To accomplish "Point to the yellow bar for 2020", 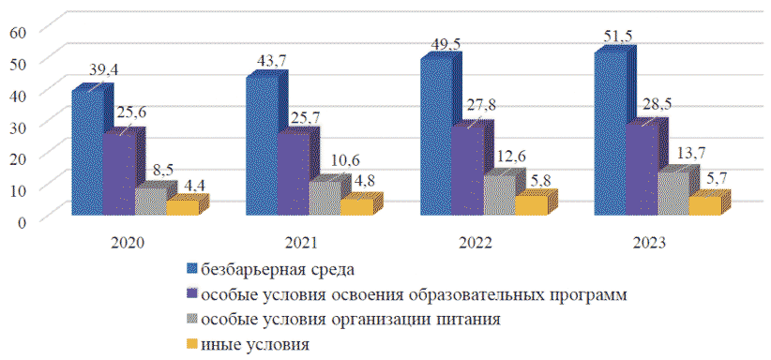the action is pyautogui.click(x=187, y=204).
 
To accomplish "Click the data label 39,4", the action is pyautogui.click(x=105, y=69).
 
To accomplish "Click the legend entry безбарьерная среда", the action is pyautogui.click(x=270, y=269).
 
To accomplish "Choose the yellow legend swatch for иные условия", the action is pyautogui.click(x=192, y=344).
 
